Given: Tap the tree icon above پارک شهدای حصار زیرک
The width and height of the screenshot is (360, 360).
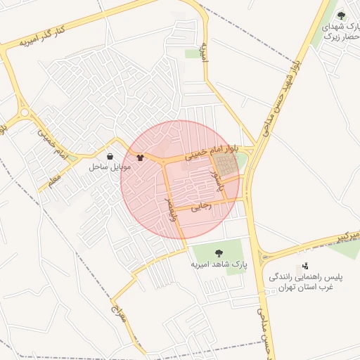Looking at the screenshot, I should click(x=341, y=15).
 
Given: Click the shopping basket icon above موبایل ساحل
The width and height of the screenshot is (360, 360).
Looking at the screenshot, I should click(x=110, y=156).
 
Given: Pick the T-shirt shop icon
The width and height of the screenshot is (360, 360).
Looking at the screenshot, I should click(x=140, y=157).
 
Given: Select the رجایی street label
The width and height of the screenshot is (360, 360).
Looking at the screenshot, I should click(x=201, y=207).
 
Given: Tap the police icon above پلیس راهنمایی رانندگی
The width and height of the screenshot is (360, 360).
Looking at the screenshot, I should click(x=305, y=266).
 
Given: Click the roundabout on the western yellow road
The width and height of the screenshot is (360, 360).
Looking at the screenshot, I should click(x=25, y=112).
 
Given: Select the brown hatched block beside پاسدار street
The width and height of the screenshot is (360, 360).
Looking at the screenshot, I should click(x=225, y=166).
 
